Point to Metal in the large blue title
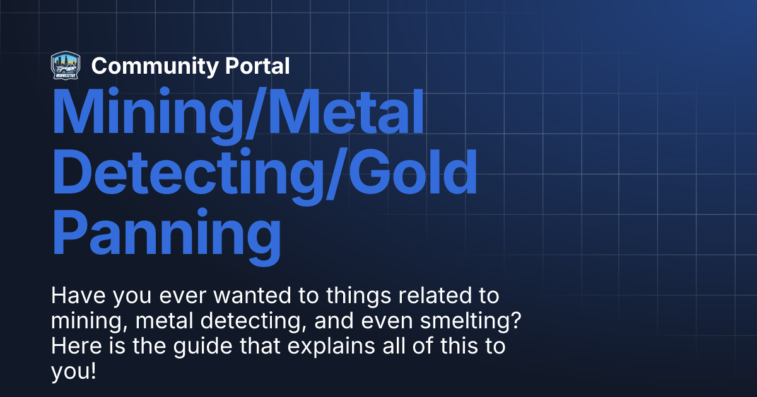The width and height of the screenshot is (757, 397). [353, 113]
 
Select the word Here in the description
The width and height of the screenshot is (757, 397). [71, 347]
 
